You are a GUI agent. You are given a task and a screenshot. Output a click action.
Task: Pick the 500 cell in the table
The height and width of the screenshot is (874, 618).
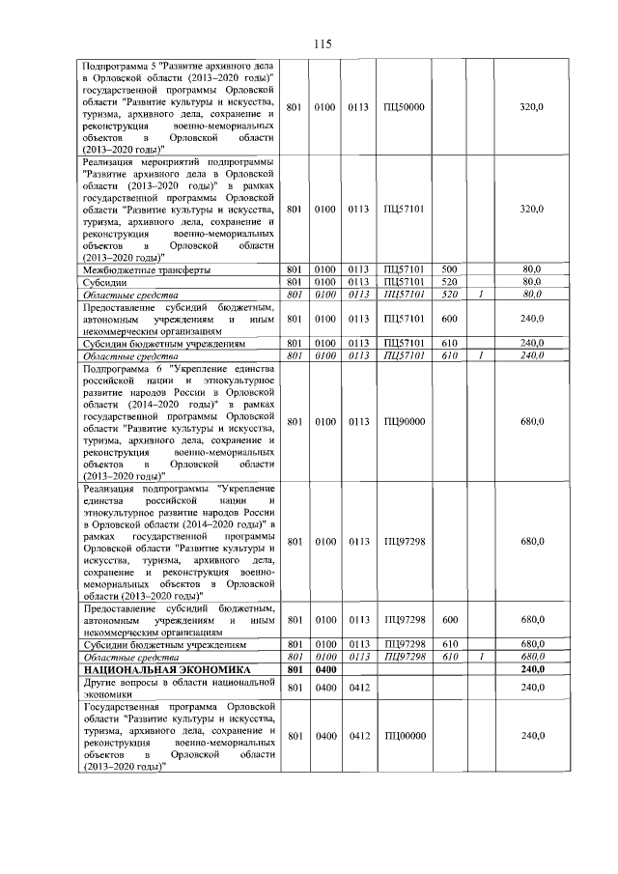448,269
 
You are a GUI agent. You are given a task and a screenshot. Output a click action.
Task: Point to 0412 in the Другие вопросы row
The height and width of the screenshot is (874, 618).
359,688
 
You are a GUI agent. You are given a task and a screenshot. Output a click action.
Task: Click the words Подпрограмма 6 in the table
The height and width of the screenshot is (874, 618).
123,369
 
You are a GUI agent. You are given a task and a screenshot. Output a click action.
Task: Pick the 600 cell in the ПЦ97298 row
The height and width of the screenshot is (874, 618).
448,619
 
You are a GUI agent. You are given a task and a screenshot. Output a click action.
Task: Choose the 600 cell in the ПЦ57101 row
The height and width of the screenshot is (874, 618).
448,318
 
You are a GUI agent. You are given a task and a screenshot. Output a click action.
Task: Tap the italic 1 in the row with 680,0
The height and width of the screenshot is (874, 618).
480,657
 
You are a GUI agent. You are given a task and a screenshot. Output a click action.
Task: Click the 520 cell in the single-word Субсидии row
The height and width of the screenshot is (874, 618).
448,281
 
